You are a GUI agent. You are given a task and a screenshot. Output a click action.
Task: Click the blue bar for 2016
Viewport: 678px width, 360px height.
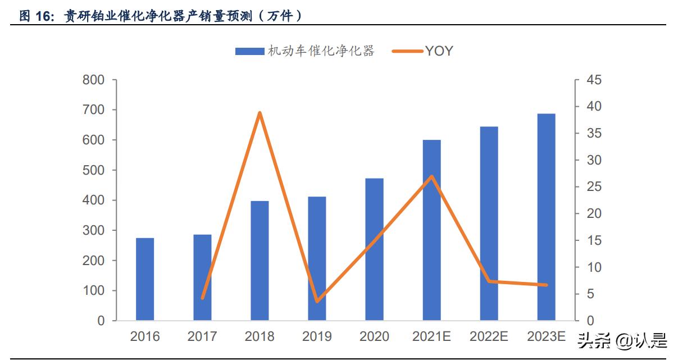point(145,279)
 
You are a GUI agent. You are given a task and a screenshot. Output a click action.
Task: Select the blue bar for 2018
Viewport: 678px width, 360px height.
point(260,261)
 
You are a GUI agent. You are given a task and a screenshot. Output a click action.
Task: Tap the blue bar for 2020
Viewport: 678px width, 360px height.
point(374,249)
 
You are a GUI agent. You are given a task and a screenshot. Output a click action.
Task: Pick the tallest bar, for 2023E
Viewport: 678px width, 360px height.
point(546,217)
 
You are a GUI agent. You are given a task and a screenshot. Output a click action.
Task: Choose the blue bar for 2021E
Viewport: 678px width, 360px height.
point(431,230)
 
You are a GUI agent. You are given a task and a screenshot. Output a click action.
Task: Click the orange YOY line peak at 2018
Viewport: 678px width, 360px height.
point(260,113)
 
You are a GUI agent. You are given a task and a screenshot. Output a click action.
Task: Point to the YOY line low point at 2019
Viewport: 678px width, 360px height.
point(317,301)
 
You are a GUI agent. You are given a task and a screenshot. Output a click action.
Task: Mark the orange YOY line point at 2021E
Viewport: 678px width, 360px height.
point(431,177)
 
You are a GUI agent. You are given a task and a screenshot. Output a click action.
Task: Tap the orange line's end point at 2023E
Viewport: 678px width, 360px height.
point(546,285)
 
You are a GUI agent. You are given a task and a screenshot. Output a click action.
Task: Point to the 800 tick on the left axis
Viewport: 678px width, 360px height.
point(94,80)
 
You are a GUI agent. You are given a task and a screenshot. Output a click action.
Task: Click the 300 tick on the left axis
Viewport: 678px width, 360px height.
point(94,230)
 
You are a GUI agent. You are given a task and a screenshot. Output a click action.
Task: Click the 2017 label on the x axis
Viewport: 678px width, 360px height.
point(202,336)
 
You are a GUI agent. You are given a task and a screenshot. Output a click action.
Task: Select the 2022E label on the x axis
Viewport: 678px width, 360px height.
point(489,336)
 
